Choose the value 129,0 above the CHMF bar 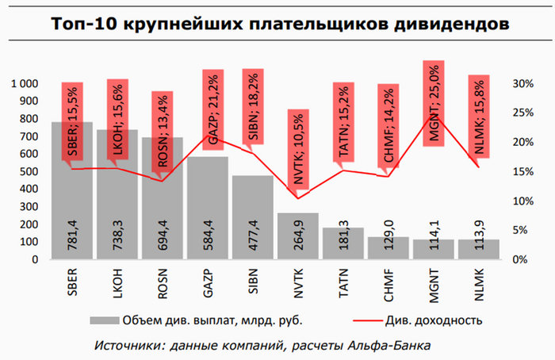coord(388,236)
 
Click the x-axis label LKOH coord(117,282)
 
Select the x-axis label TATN coord(343,282)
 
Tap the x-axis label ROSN coord(163,282)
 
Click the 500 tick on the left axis coord(30,171)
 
